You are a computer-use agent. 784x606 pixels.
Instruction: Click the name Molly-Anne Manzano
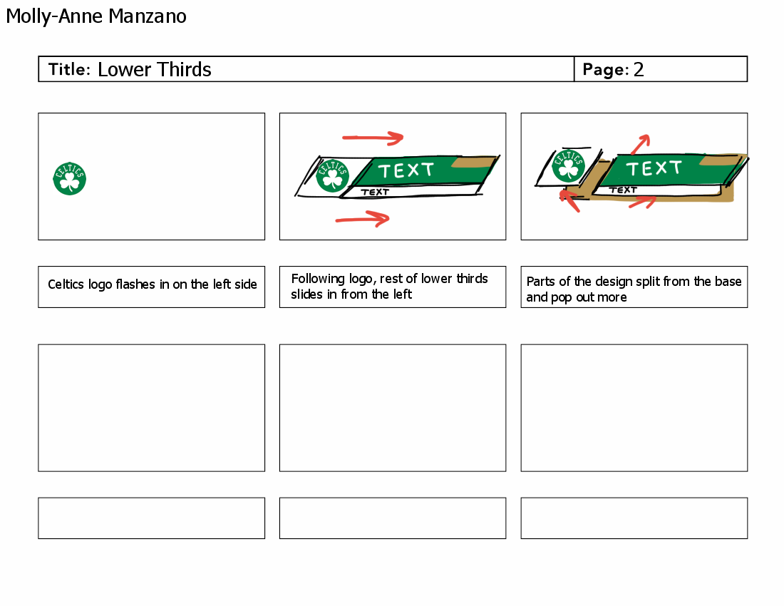[x=96, y=16]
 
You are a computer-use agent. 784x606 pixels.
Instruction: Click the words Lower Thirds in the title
[x=155, y=69]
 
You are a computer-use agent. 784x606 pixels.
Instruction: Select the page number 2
[x=639, y=69]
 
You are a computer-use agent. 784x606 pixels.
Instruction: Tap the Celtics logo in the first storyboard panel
[x=70, y=178]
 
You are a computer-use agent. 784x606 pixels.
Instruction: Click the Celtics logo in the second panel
[x=333, y=175]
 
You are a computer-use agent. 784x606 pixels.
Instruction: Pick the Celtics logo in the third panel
[x=568, y=166]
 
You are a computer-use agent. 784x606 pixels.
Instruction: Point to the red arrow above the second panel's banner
[x=373, y=137]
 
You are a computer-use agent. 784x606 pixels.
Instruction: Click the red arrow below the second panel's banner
[x=363, y=219]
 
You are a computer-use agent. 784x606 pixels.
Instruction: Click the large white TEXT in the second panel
[x=406, y=170]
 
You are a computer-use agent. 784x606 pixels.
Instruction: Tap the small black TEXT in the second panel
[x=375, y=192]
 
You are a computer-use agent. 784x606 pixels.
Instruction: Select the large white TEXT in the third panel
[x=654, y=168]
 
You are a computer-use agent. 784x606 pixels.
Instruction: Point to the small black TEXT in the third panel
[x=623, y=190]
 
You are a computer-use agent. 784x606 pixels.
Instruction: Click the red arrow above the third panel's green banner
[x=640, y=143]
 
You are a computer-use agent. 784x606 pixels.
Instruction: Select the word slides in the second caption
[x=307, y=294]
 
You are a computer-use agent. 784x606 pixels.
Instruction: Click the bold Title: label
[x=69, y=70]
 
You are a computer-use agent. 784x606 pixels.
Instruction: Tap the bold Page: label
[x=606, y=70]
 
